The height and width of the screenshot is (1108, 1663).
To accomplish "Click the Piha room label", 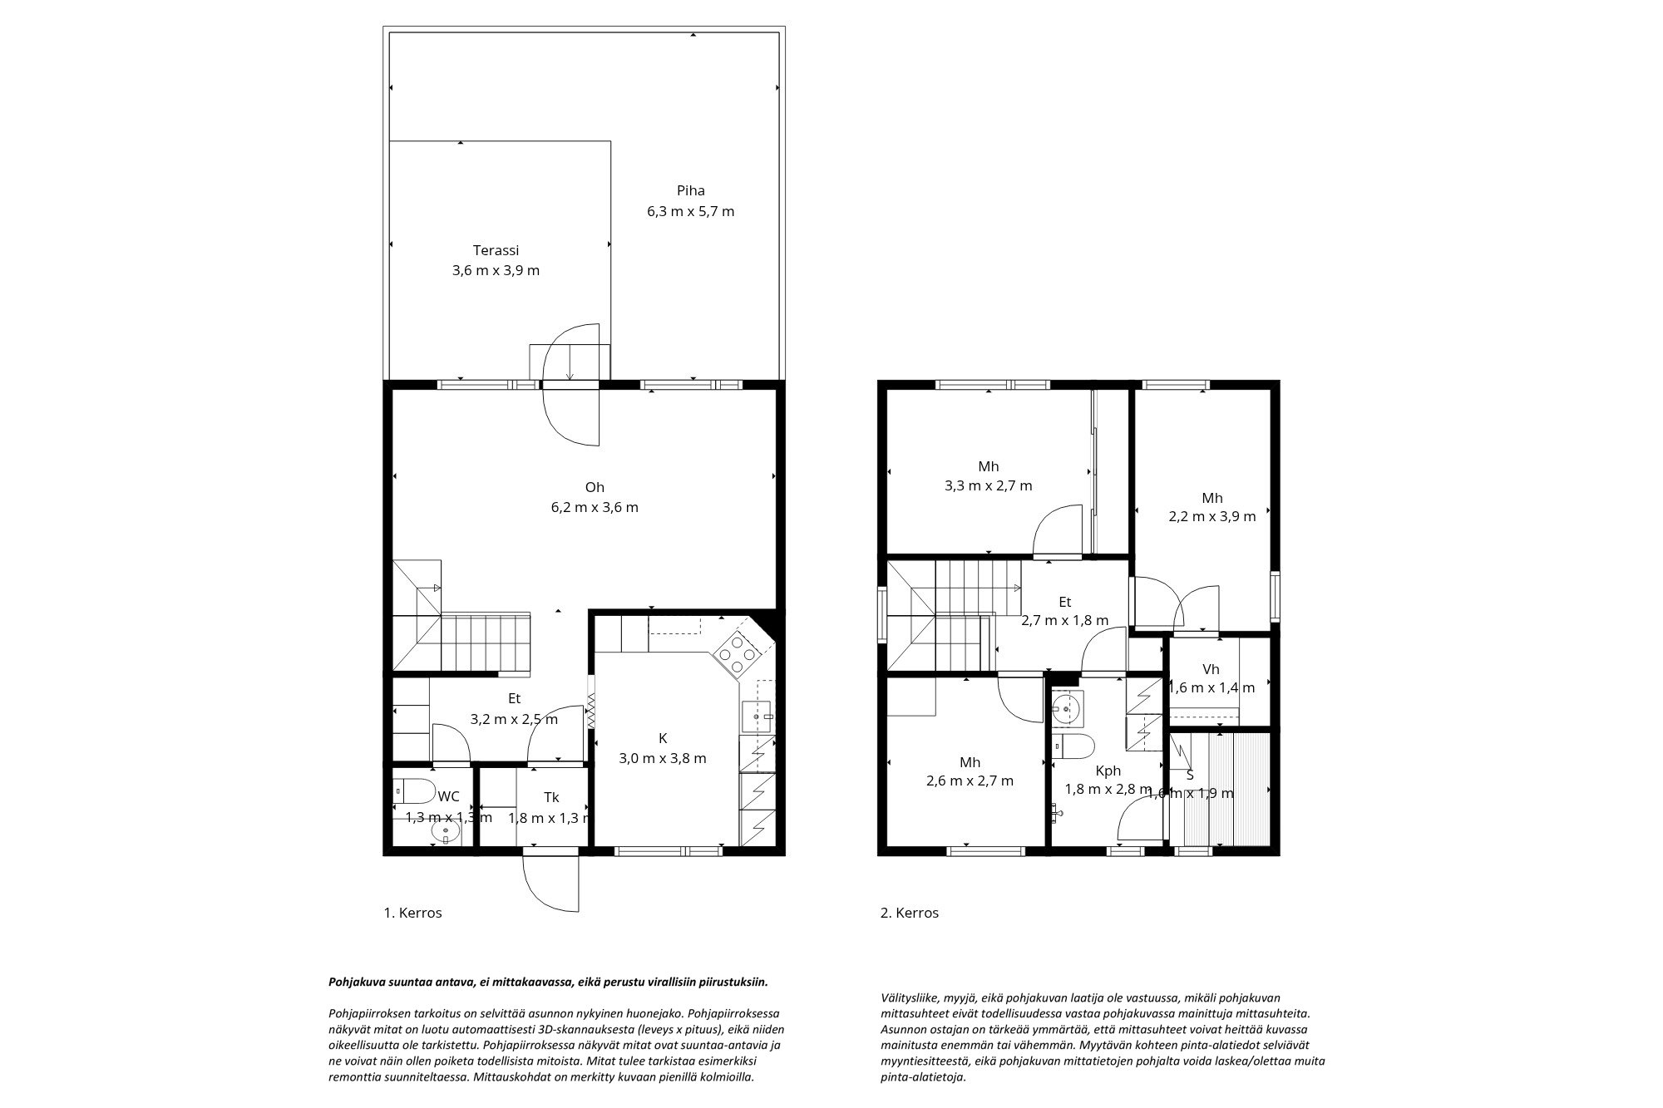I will (690, 190).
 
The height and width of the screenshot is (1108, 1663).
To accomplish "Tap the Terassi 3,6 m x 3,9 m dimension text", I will (496, 270).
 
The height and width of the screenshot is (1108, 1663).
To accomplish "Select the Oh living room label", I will (595, 487).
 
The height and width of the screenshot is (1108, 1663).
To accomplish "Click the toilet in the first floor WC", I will (415, 790).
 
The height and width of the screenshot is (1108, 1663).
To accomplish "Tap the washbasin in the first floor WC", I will (445, 830).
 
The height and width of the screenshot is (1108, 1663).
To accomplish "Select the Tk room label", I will (551, 797).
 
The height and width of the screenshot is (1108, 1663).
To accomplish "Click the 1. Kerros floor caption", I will (412, 913).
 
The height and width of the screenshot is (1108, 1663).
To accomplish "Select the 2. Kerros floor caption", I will (909, 913).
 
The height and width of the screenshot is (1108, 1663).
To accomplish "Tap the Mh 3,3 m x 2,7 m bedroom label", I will (988, 466).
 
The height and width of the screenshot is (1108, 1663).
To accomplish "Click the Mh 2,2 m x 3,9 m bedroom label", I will (1211, 498).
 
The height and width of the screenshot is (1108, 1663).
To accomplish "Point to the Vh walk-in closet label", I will (1211, 669).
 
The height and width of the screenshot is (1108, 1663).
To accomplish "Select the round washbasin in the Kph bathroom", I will (1066, 708).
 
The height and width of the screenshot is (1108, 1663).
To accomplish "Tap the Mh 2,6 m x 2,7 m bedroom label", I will (970, 762).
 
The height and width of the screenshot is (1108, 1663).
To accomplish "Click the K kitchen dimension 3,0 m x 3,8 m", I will (663, 758).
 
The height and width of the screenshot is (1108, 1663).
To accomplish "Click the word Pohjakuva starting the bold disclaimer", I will (358, 982).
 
